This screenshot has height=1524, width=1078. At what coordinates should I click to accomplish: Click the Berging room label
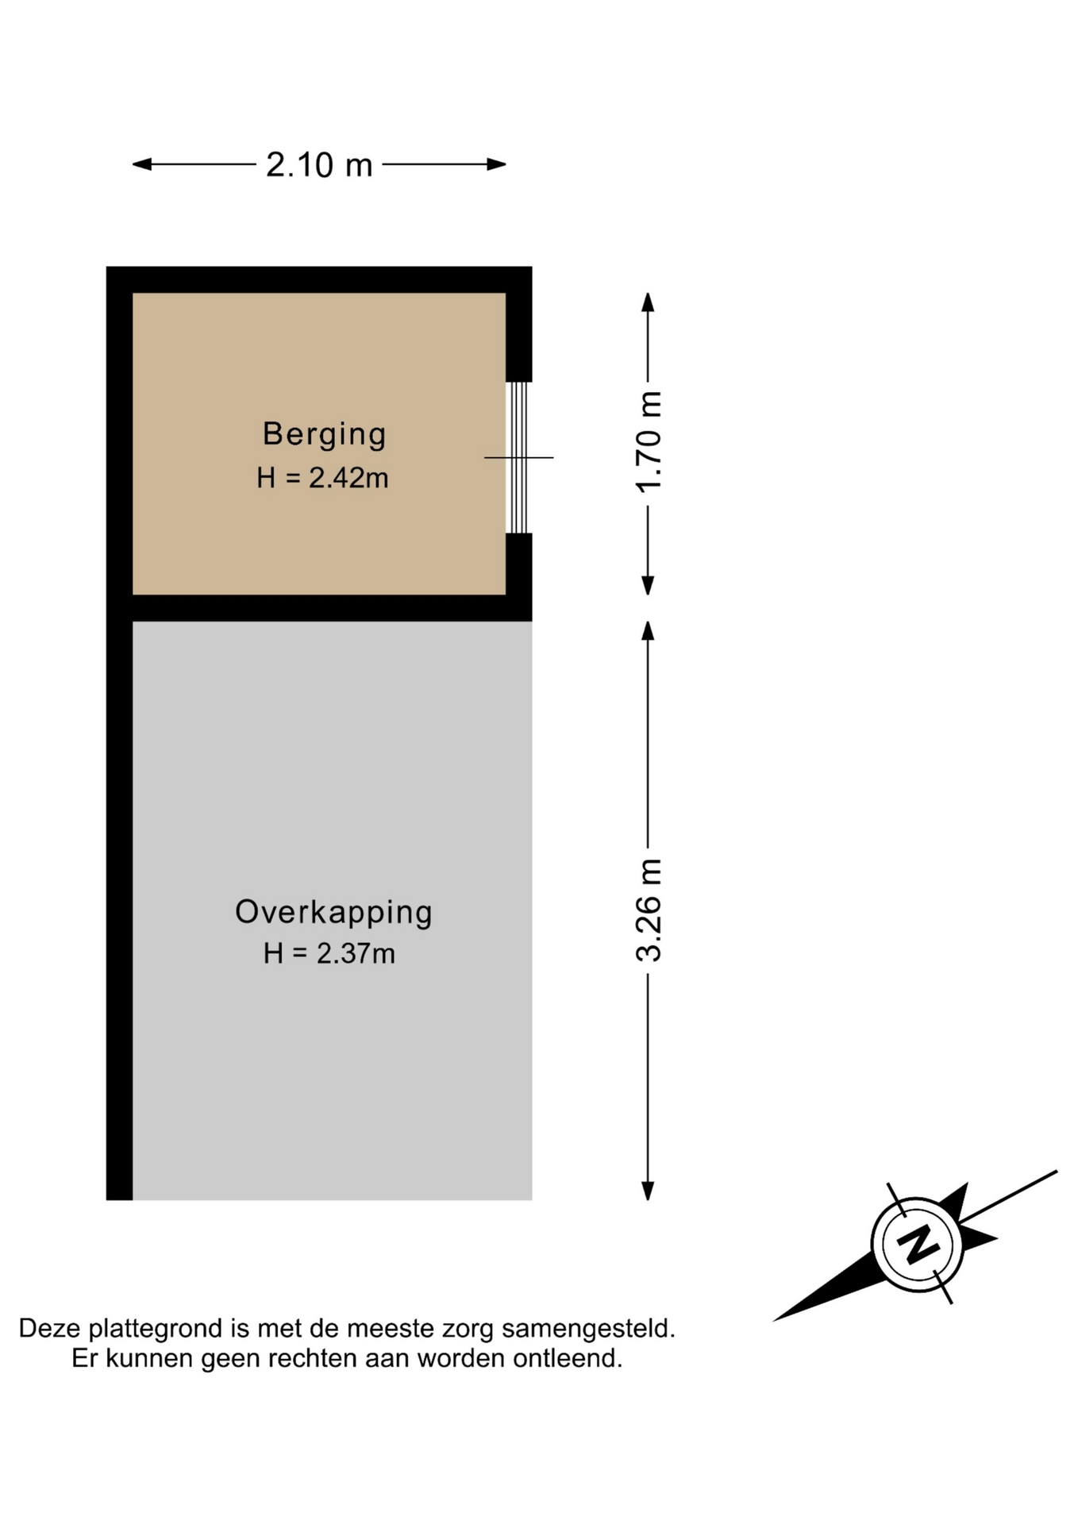click(x=324, y=434)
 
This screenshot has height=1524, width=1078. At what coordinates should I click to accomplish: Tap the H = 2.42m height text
click(x=322, y=478)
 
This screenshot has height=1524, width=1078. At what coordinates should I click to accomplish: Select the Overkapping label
click(x=333, y=912)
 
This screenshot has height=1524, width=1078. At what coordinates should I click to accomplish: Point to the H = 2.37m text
click(x=329, y=953)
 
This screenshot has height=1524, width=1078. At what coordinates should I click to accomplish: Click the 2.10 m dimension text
click(x=319, y=165)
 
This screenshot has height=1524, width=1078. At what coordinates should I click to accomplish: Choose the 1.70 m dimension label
click(x=649, y=442)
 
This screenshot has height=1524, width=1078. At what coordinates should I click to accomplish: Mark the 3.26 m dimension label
click(x=649, y=910)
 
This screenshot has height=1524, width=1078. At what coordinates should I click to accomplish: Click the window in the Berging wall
click(x=518, y=457)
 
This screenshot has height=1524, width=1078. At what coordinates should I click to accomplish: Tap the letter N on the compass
click(x=918, y=1243)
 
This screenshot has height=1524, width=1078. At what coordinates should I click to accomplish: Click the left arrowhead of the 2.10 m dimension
click(x=141, y=164)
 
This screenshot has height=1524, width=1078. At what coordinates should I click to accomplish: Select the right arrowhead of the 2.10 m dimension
click(x=497, y=164)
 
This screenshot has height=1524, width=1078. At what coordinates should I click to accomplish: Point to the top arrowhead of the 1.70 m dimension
click(x=648, y=302)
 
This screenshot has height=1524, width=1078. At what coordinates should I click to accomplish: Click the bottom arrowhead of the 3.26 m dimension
click(x=648, y=1191)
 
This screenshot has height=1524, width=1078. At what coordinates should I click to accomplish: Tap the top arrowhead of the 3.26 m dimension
click(x=648, y=630)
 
